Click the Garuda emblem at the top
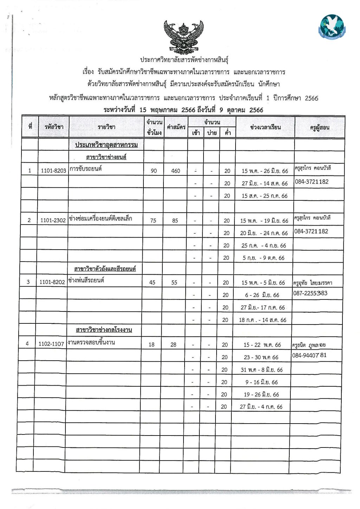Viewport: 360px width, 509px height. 184,37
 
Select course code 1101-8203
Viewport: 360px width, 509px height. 53,171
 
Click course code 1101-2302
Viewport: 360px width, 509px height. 53,220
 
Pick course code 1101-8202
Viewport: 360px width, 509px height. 52,282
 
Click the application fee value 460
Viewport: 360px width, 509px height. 175,171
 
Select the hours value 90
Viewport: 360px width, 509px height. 154,171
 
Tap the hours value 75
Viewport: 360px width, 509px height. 153,221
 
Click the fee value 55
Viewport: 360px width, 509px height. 174,283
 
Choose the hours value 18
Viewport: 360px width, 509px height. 151,345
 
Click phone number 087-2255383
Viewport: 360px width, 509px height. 310,293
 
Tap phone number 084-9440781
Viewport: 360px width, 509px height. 309,355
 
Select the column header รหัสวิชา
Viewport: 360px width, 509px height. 54,127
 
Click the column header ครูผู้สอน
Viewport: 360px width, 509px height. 320,128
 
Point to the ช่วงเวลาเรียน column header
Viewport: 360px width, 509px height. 265,127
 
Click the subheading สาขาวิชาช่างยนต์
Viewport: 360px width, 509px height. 106,157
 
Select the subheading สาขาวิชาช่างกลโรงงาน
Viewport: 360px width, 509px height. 104,330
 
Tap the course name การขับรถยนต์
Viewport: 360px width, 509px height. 85,169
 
